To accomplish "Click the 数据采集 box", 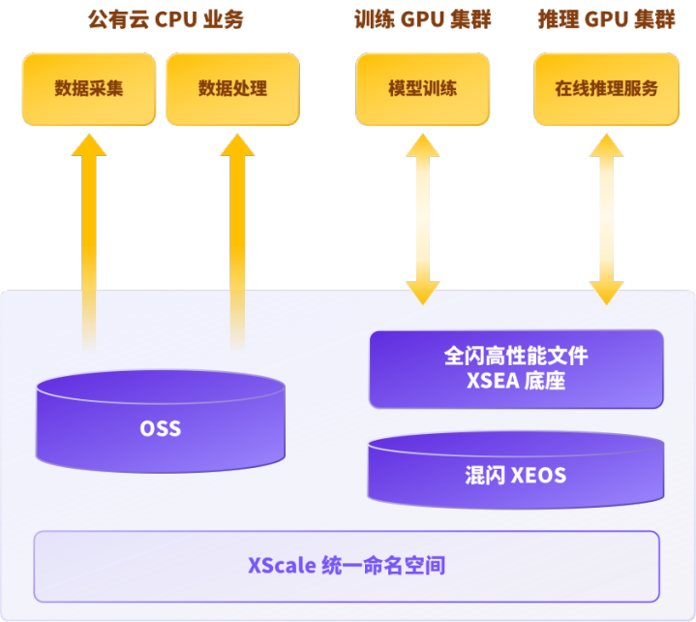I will point(89,89).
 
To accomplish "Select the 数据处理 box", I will point(232,89).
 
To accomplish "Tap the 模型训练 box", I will point(422,89).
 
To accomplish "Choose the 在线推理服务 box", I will point(606,89).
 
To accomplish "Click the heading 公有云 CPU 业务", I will point(165,19).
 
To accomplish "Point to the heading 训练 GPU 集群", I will point(422,19).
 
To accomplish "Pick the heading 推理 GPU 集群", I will point(606,19).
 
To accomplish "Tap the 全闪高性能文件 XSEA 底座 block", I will point(516,368).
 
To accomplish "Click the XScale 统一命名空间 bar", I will point(347,565).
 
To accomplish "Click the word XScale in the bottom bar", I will point(280,565).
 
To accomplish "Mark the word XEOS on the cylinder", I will point(538,476).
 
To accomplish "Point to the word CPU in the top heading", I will point(177,19).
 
